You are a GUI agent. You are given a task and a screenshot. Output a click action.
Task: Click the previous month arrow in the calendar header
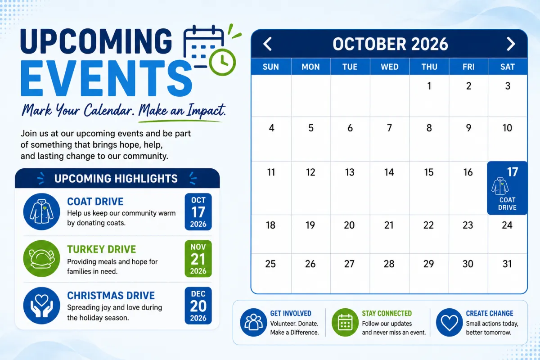(x=267, y=44)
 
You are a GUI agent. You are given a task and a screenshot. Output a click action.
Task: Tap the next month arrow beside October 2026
(x=511, y=44)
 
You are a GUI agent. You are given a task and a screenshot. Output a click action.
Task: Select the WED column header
(x=390, y=67)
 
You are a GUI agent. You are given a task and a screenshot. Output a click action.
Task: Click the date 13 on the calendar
(x=350, y=172)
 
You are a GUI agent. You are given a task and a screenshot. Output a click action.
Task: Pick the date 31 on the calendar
(x=507, y=264)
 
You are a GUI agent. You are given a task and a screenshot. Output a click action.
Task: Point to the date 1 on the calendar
(x=429, y=86)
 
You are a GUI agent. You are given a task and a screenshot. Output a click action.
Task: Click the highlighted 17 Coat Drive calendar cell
(x=507, y=188)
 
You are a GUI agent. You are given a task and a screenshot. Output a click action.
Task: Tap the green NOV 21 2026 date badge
(x=198, y=258)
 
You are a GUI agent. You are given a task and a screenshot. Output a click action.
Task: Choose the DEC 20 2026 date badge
(x=198, y=306)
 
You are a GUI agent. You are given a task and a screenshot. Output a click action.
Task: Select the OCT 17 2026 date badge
(x=198, y=211)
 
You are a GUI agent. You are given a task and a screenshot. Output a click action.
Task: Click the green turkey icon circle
(x=41, y=258)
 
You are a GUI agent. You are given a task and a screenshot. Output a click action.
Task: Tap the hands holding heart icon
(x=41, y=306)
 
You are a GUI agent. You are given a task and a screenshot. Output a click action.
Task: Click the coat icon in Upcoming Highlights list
(x=41, y=211)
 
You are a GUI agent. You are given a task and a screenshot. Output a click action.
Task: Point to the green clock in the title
(x=222, y=63)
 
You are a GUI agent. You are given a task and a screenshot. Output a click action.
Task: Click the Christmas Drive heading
(x=111, y=296)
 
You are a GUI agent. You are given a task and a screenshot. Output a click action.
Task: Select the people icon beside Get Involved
(x=253, y=322)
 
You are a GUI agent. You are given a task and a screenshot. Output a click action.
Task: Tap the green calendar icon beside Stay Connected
(x=345, y=322)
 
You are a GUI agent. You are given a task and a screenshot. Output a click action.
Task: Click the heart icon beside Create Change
(x=450, y=322)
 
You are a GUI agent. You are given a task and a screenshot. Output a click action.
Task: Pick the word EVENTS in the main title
(x=106, y=78)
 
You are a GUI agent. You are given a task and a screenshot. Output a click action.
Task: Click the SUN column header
(x=271, y=67)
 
